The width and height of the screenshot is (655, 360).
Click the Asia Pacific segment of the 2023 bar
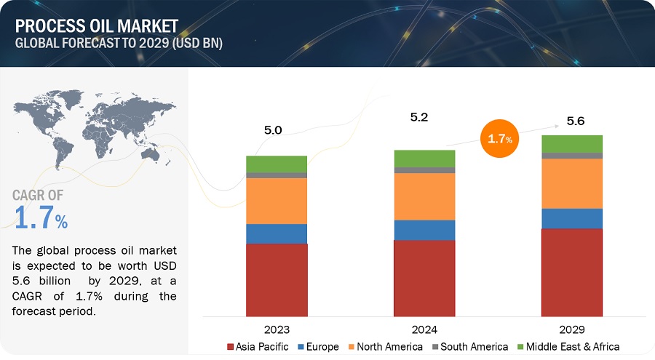(x=277, y=280)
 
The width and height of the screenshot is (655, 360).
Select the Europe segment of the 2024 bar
(x=424, y=230)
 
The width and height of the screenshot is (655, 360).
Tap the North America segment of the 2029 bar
(x=572, y=183)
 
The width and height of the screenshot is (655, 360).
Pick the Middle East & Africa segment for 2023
(x=277, y=164)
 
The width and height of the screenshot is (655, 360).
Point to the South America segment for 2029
(x=572, y=156)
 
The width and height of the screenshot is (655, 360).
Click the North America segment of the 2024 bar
(x=424, y=196)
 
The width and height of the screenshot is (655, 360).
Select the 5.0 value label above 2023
(x=274, y=131)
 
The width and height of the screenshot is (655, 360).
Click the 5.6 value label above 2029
(x=575, y=121)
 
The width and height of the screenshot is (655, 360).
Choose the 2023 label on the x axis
(x=276, y=329)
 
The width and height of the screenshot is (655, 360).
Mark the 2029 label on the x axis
(x=572, y=329)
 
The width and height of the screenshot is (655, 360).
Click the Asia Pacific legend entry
(x=258, y=347)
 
